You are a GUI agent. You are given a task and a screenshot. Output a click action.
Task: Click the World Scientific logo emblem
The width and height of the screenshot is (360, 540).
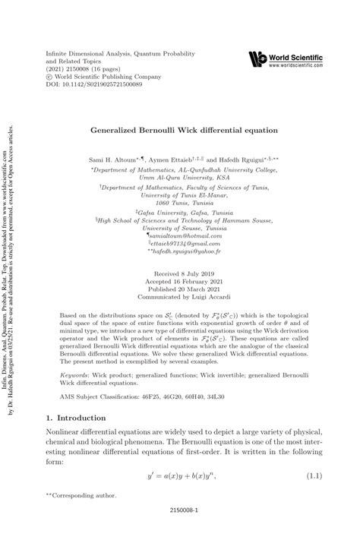[x=259, y=59]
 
